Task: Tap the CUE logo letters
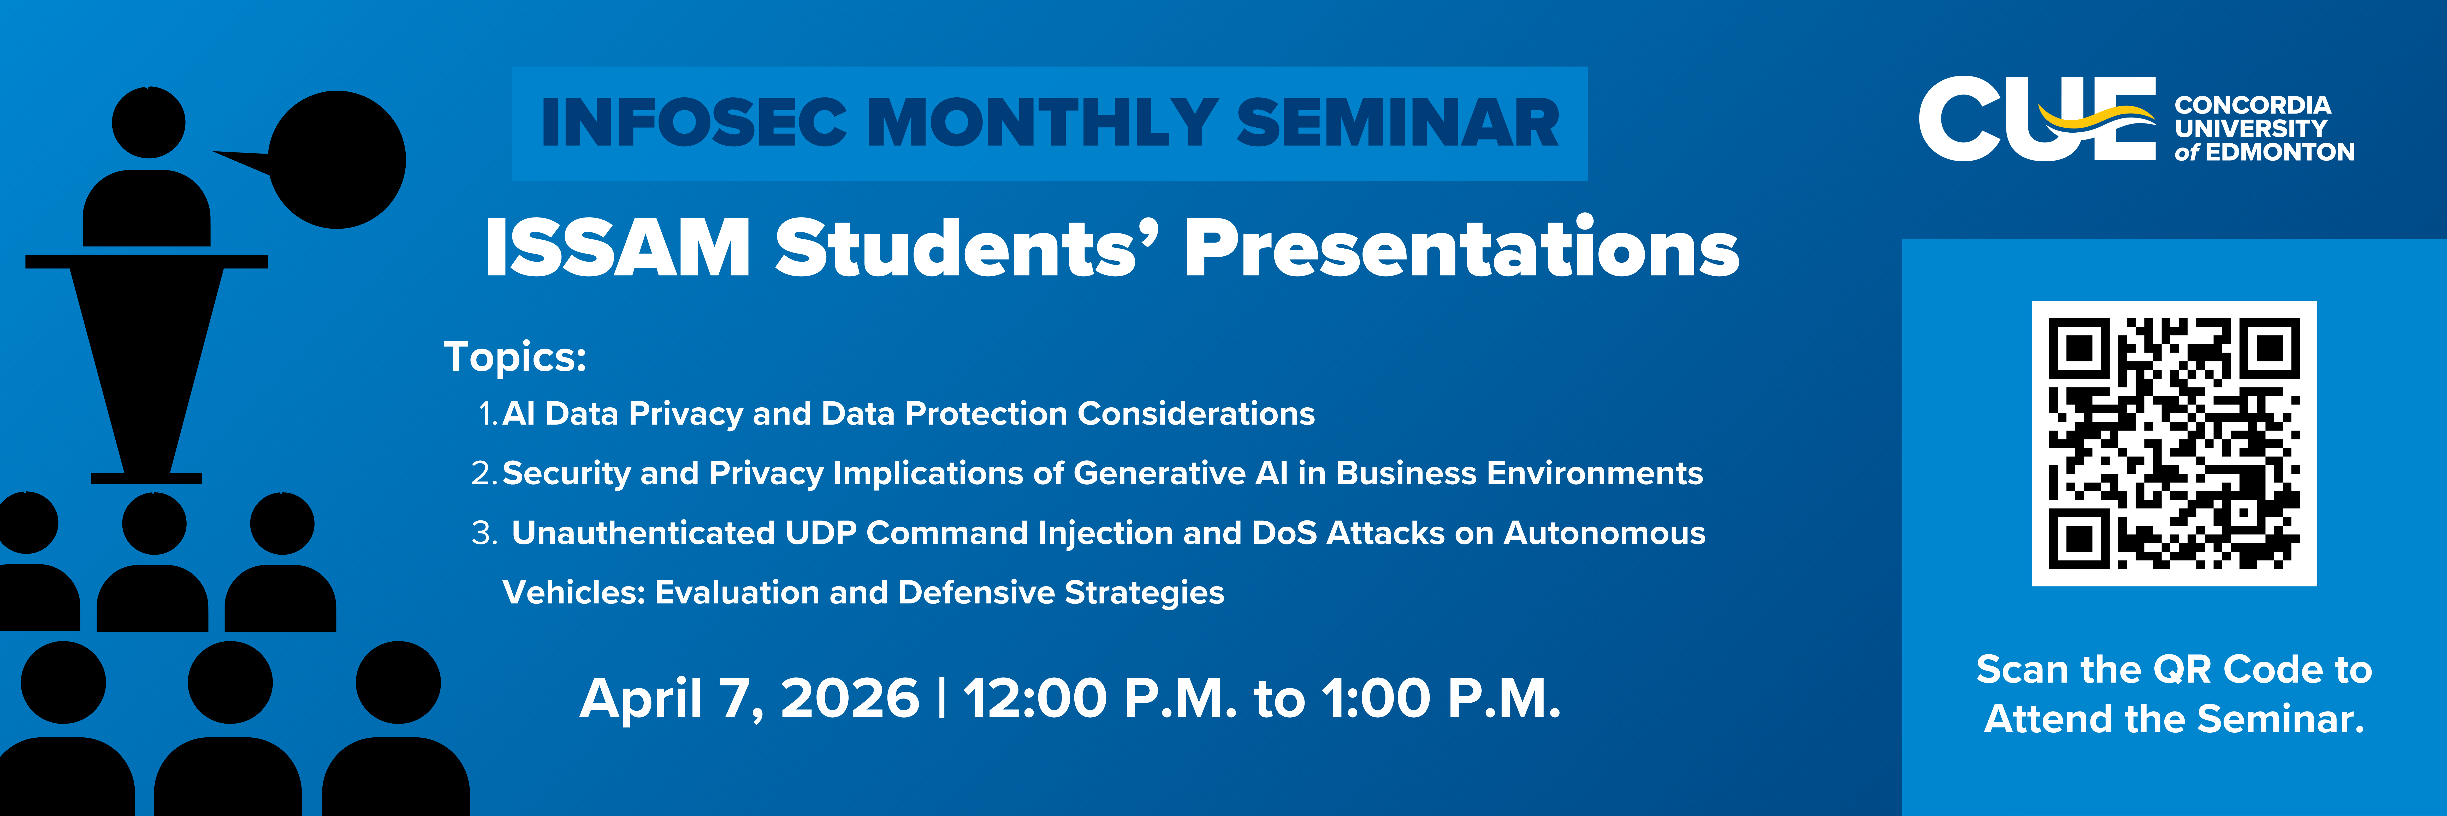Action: [x=2037, y=119]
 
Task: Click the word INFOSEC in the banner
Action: [x=694, y=124]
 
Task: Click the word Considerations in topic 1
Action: [x=1196, y=414]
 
